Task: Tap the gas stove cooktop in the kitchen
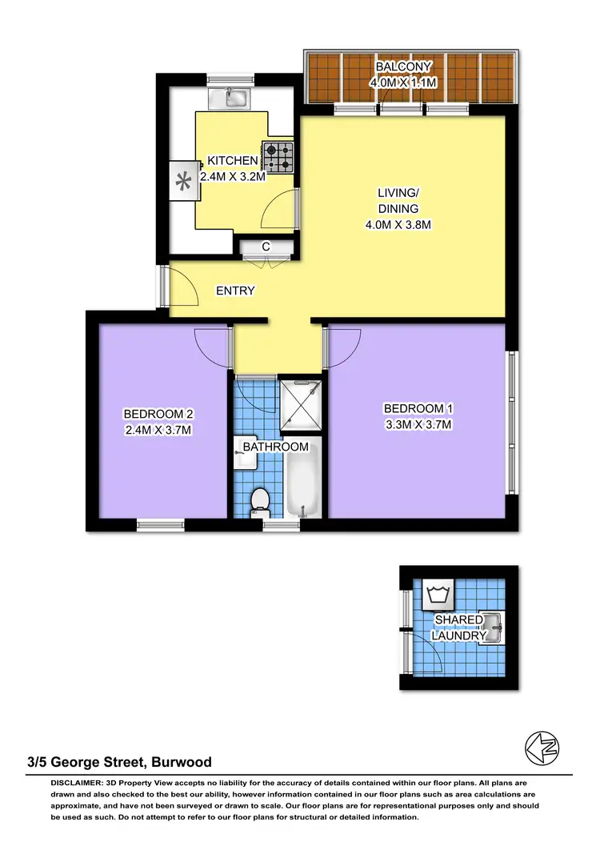(x=279, y=158)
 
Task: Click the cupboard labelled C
(x=265, y=248)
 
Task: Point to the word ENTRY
(x=235, y=291)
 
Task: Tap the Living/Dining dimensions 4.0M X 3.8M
(x=398, y=225)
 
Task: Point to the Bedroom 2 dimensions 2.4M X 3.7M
(x=158, y=429)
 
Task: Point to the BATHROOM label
(x=277, y=446)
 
